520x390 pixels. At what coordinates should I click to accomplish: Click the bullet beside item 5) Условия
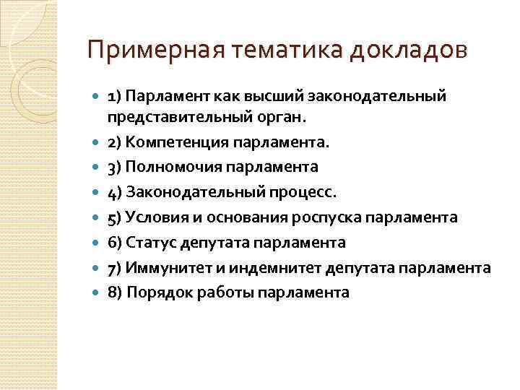tap(97, 217)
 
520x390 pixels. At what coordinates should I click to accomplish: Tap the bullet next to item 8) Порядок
tap(97, 292)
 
